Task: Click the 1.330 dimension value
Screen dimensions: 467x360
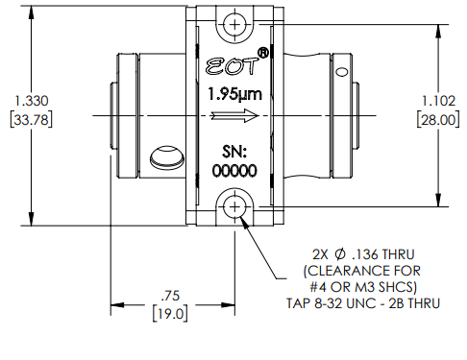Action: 32,101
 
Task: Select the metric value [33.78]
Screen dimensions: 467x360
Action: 32,120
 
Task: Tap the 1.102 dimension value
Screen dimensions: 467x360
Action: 438,101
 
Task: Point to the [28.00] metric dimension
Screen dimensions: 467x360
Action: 438,120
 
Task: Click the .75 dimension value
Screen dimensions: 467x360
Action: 170,296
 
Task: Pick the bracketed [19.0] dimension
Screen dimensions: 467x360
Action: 170,314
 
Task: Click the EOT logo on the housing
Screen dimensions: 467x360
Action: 232,66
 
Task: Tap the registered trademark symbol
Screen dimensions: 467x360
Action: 263,53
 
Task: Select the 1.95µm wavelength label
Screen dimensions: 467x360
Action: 234,95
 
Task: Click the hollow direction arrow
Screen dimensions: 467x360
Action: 234,115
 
